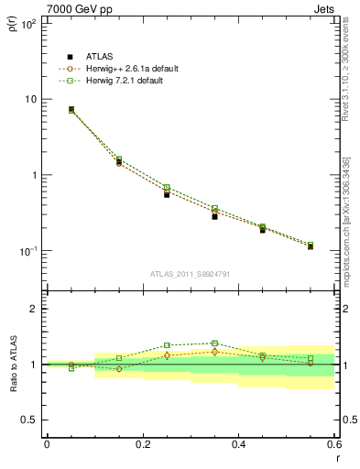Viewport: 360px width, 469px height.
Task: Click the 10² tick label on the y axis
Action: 29,23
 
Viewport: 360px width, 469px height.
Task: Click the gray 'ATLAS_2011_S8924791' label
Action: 190,272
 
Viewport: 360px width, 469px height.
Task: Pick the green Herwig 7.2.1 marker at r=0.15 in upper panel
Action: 119,159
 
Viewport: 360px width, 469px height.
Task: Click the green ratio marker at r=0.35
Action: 214,344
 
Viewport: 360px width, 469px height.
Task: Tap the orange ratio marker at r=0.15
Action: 119,369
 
